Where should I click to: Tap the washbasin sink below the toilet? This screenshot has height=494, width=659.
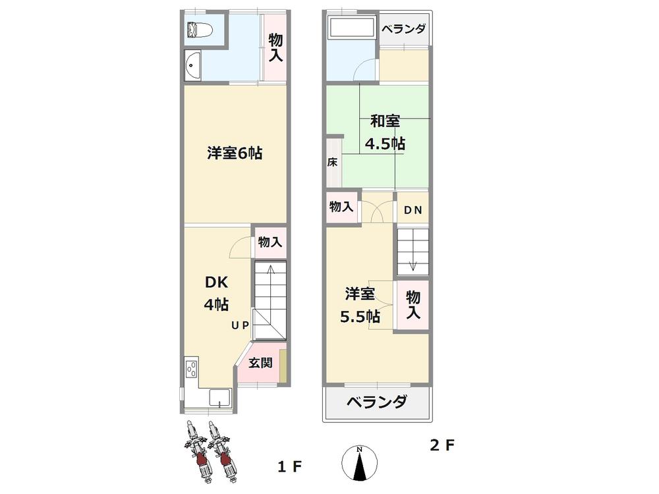(x=192, y=65)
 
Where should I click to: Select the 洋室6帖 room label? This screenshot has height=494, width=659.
(x=235, y=153)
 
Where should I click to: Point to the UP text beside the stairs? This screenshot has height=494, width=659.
(x=240, y=325)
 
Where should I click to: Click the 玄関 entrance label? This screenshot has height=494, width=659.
(x=261, y=362)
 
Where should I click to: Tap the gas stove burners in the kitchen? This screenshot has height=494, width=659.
(x=192, y=370)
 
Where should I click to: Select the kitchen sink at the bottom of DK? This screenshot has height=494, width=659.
(x=219, y=398)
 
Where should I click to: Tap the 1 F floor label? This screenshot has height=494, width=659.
(x=289, y=467)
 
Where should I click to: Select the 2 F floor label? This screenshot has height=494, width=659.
(x=442, y=445)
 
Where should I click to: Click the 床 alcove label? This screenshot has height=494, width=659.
(x=332, y=162)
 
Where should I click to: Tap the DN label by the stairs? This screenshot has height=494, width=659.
(x=413, y=210)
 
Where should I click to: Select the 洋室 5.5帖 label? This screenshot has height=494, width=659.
(x=359, y=304)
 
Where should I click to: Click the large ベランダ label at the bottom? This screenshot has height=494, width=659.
(x=376, y=402)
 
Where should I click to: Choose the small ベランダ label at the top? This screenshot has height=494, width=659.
(x=403, y=29)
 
